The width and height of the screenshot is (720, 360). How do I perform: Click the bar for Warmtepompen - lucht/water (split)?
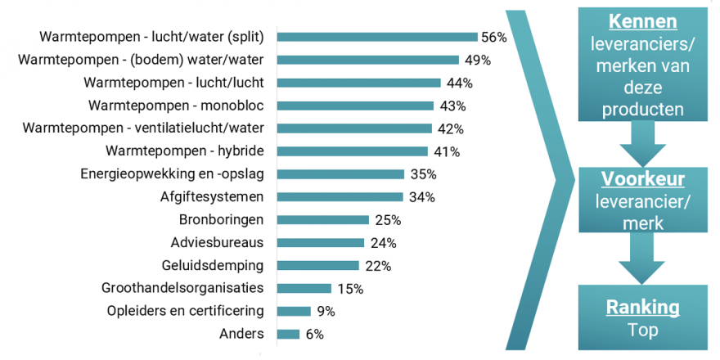[x=377, y=37]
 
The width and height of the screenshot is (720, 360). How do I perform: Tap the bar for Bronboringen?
[x=323, y=219]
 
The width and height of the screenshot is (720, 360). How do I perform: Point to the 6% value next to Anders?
[x=315, y=334]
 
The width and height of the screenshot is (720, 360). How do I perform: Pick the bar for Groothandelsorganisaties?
[x=304, y=288]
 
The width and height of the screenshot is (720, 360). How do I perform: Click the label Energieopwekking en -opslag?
[x=178, y=173]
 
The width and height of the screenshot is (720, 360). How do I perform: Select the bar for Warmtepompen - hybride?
[x=352, y=151]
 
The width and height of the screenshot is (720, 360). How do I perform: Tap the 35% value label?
[x=423, y=173]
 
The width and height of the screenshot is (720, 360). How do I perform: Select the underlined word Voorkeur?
[x=642, y=179]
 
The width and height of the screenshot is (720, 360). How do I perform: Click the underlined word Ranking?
[x=642, y=308]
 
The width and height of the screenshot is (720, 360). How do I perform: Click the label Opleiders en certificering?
[x=186, y=311]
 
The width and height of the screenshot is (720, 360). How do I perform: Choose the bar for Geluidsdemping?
[x=318, y=265]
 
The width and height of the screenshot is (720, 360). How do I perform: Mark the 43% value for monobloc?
[x=451, y=106]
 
